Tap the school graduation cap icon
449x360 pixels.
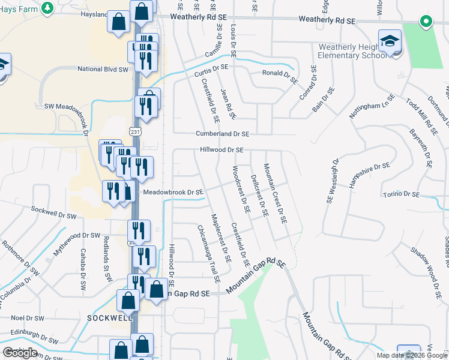pyautogui.click(x=390, y=41)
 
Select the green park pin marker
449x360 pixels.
pyautogui.click(x=426, y=22)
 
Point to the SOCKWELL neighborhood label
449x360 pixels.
pyautogui.click(x=109, y=317)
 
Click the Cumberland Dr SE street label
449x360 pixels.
pyautogui.click(x=222, y=134)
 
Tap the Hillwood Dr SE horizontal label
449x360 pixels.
pyautogui.click(x=221, y=150)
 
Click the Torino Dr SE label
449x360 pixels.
pyautogui.click(x=402, y=194)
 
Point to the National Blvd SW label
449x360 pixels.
pyautogui.click(x=103, y=69)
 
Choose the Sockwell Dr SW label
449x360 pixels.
pyautogui.click(x=54, y=211)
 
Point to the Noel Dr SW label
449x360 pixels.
pyautogui.click(x=28, y=318)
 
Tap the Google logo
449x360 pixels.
pyautogui.click(x=20, y=353)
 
